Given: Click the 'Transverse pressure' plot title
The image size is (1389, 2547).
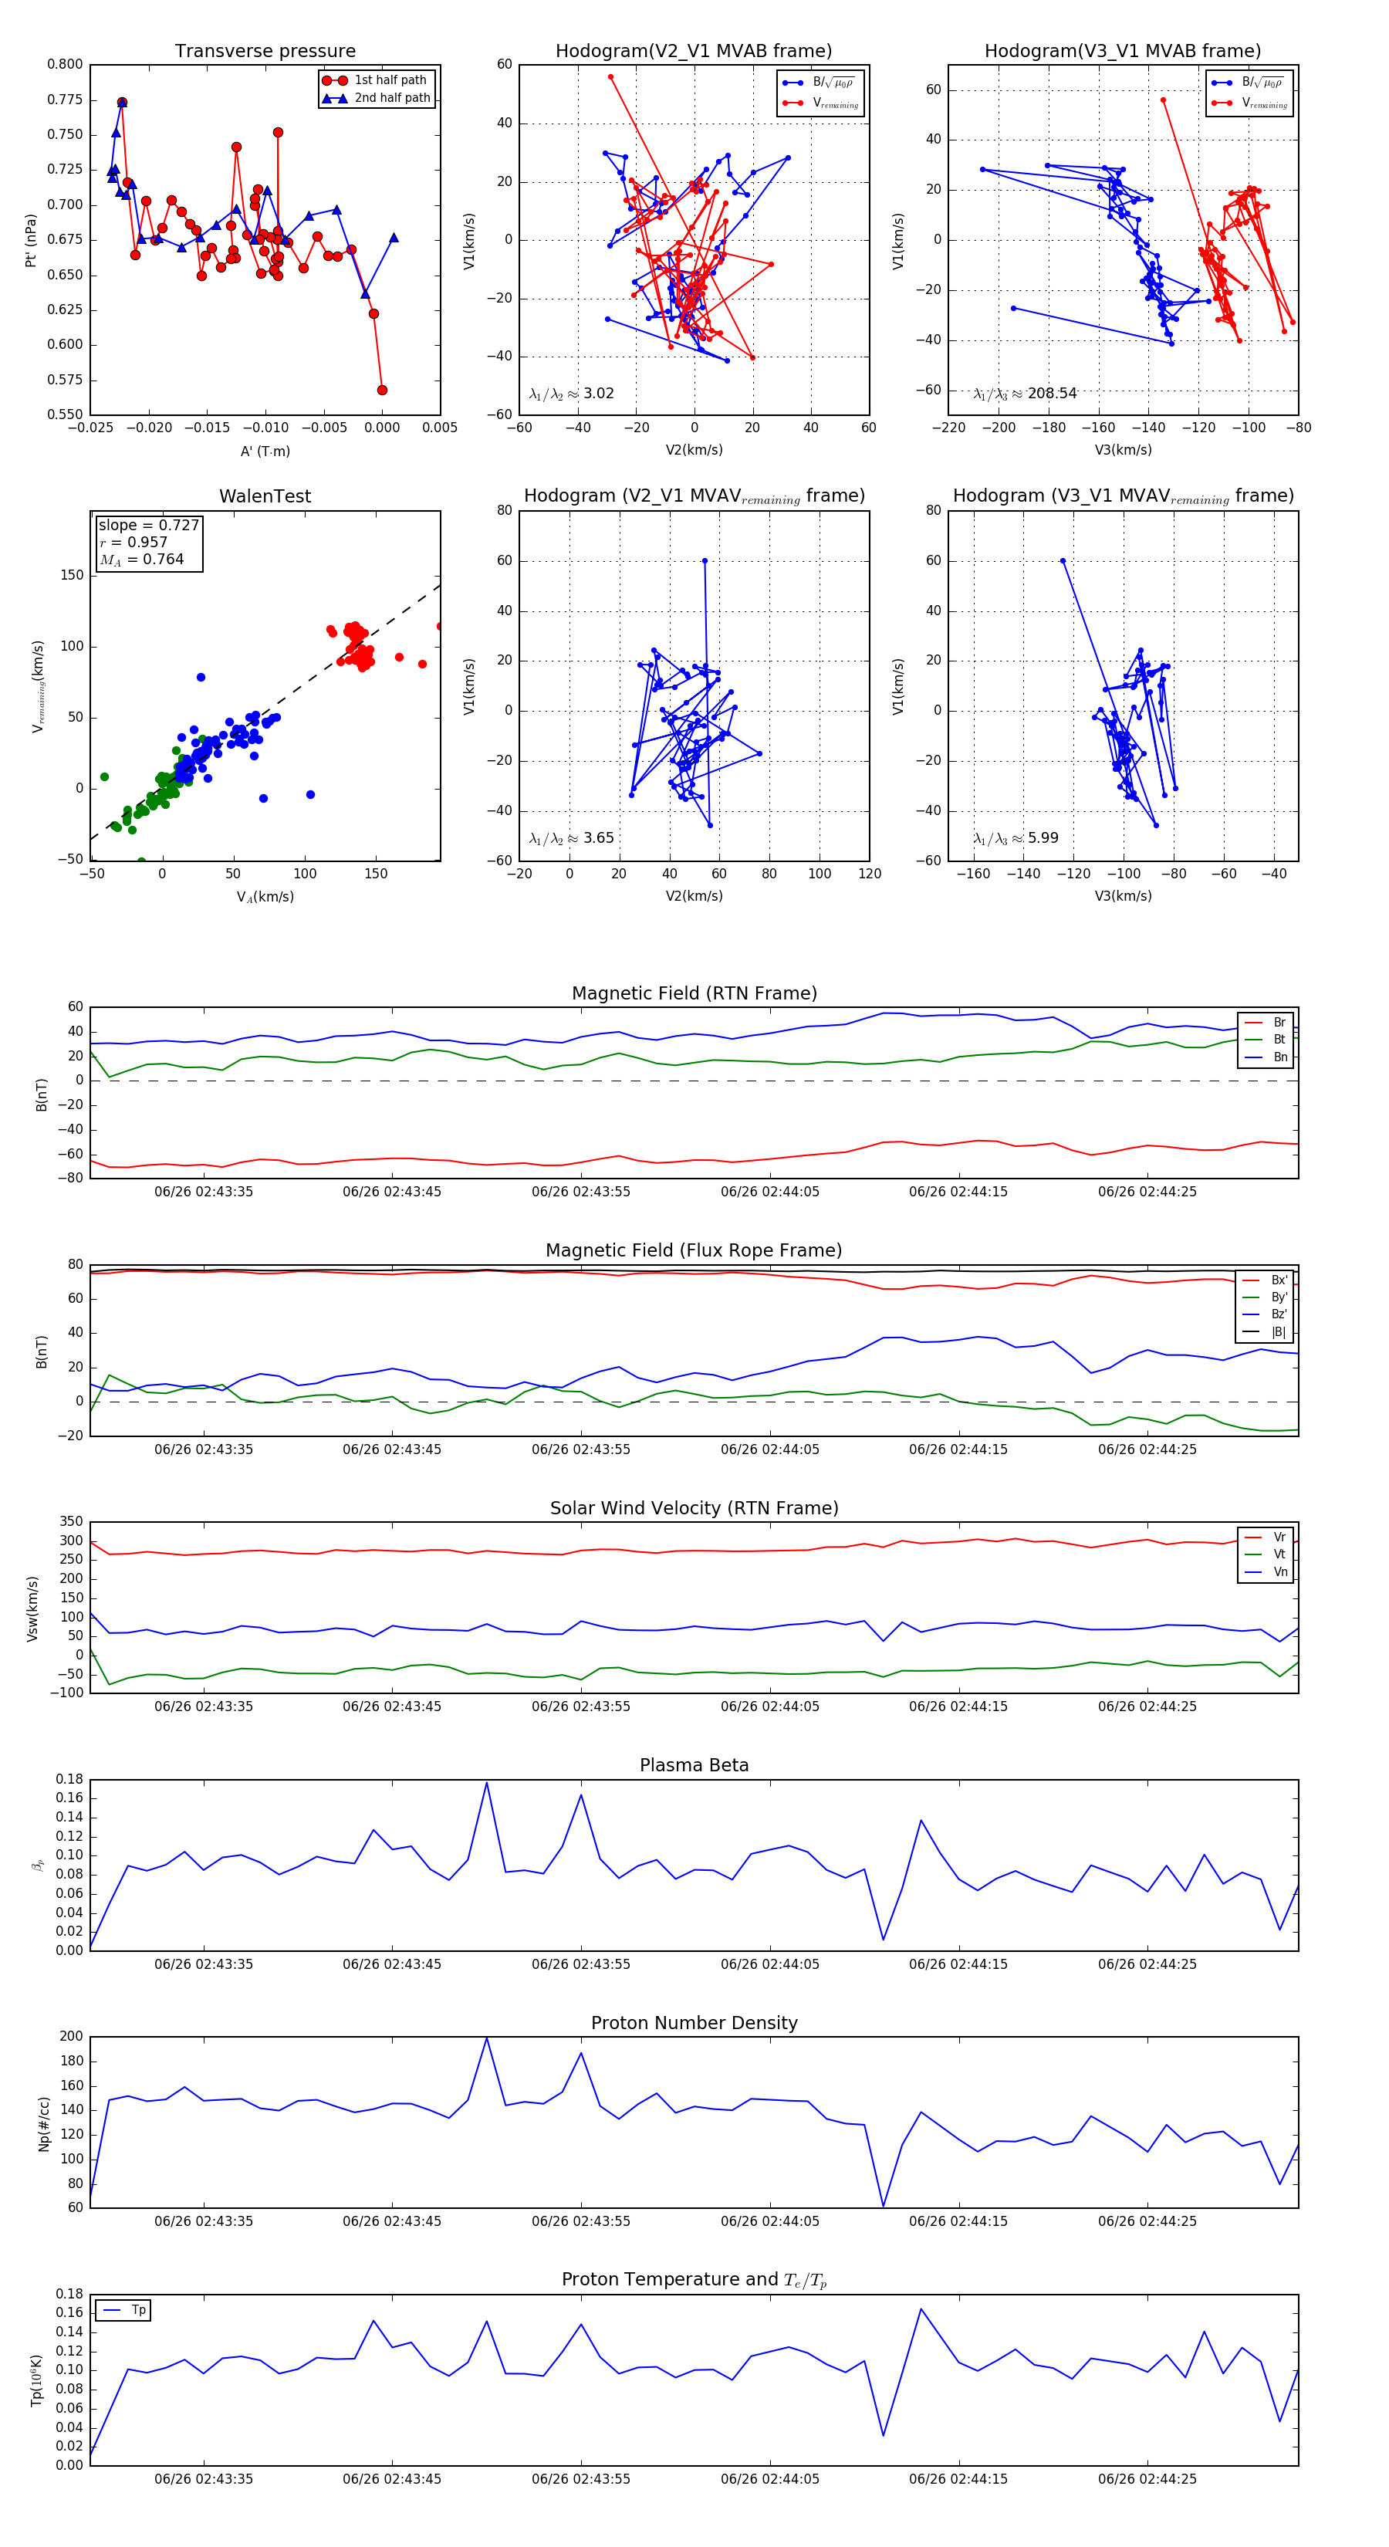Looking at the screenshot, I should [265, 52].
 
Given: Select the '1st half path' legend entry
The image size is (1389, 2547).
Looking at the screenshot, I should [390, 80].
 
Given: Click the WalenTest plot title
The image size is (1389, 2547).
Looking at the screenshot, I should [265, 496].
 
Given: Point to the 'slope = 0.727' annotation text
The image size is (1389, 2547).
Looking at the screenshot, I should [148, 525].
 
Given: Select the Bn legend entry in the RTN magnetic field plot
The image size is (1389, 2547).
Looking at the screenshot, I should [1279, 1057].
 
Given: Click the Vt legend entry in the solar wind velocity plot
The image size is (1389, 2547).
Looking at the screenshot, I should [1279, 1554].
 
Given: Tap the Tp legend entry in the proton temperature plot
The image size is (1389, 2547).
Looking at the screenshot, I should [137, 2310].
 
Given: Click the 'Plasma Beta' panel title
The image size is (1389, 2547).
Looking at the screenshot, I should [694, 1765].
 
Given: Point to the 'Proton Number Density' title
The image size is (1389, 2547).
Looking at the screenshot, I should [694, 2023].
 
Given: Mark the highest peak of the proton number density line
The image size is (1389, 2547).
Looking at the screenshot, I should [486, 2039].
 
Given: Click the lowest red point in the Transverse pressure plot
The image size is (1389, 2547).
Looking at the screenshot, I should [382, 391].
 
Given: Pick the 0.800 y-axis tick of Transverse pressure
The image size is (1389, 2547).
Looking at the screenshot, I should [66, 64].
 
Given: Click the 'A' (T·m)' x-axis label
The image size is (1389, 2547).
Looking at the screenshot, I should [265, 451].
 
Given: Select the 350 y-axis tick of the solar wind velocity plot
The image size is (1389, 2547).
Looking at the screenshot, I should [71, 1522].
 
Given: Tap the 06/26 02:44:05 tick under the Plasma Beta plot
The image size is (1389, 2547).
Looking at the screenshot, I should [769, 1964].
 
